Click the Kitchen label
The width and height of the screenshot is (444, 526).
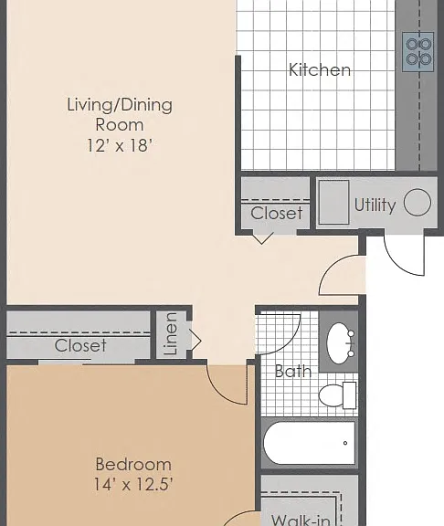(320, 69)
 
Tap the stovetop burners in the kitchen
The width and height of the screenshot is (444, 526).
(418, 52)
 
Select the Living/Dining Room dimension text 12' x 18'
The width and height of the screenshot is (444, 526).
(120, 145)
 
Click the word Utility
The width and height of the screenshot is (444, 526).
(375, 205)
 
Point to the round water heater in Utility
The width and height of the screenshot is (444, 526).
(418, 203)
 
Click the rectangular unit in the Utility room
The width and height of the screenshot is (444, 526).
(333, 203)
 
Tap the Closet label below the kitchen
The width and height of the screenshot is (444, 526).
(277, 214)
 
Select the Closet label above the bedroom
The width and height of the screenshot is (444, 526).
(80, 345)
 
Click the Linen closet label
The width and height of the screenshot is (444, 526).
(171, 334)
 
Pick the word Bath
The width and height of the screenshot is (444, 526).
(293, 372)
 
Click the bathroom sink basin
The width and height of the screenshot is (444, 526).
(339, 343)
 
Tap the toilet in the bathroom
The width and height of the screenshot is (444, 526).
(337, 395)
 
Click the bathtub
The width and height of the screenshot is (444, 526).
(309, 443)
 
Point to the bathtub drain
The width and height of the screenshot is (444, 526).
(345, 443)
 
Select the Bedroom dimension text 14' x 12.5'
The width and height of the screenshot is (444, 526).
(133, 484)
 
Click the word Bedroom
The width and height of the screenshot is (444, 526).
(133, 465)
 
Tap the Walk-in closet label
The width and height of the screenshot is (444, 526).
(301, 520)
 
